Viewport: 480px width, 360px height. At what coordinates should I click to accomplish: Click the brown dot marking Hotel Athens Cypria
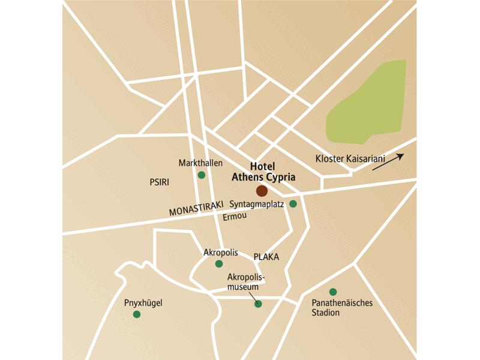click(x=262, y=191)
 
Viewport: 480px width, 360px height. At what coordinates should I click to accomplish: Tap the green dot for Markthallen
click(x=202, y=175)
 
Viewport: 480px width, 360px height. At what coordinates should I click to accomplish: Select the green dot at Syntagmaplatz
click(x=293, y=204)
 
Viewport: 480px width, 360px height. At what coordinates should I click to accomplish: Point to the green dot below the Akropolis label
click(x=219, y=263)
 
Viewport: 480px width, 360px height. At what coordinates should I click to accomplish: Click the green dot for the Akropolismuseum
click(x=258, y=304)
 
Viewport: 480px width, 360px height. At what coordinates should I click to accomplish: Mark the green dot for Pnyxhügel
click(x=137, y=314)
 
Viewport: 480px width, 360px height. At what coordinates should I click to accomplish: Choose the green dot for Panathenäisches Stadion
click(x=333, y=292)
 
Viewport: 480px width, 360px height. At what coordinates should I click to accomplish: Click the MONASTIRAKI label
click(x=192, y=211)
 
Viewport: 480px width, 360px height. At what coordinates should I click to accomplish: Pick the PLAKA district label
click(x=266, y=257)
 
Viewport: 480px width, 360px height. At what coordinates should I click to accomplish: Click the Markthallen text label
click(x=200, y=163)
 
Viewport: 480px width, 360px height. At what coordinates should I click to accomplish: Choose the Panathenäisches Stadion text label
click(x=342, y=308)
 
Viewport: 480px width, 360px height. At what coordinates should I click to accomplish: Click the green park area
click(x=366, y=105)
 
